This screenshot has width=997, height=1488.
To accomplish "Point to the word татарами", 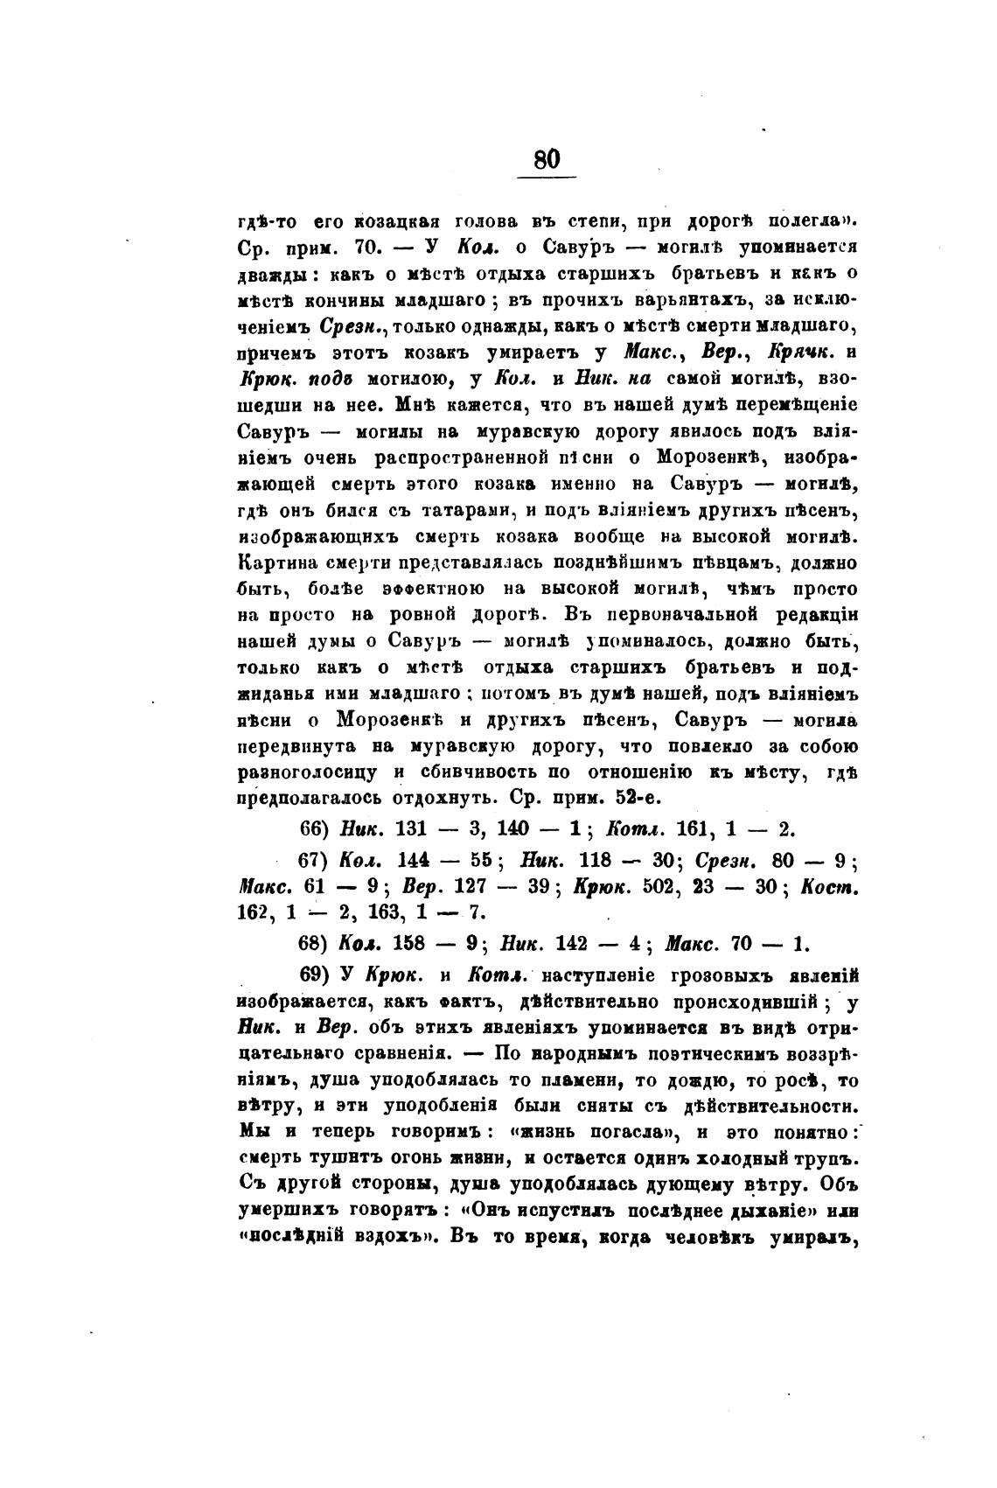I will [469, 509].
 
